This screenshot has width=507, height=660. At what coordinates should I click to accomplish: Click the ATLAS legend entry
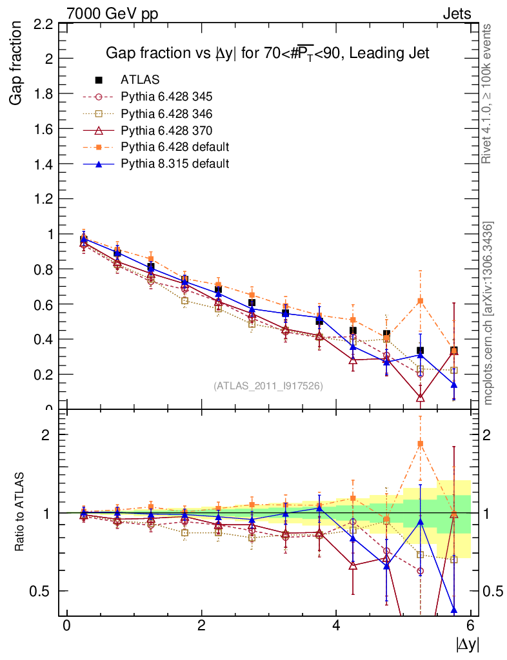click(x=140, y=80)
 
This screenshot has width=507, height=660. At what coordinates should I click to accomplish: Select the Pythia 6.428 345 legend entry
click(x=166, y=97)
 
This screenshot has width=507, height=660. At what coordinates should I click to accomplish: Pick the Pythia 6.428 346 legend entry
click(x=166, y=113)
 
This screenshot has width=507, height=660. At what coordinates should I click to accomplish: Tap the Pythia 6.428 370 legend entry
click(x=166, y=130)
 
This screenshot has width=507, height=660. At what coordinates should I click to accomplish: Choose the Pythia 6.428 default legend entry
click(x=175, y=147)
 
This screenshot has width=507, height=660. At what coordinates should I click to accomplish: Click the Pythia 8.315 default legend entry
click(x=175, y=164)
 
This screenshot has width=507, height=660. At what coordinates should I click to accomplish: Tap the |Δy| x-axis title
click(x=468, y=643)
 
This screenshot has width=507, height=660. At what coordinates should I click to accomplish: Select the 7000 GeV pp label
click(x=112, y=14)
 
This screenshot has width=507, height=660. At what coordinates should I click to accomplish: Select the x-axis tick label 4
click(x=336, y=625)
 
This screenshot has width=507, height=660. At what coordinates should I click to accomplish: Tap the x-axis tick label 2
click(x=201, y=625)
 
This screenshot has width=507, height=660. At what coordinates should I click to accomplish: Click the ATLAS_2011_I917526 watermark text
click(x=268, y=385)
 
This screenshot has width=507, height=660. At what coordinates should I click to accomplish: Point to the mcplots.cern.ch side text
click(x=488, y=313)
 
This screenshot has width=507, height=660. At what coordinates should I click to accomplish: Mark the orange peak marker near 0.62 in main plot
click(x=421, y=301)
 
